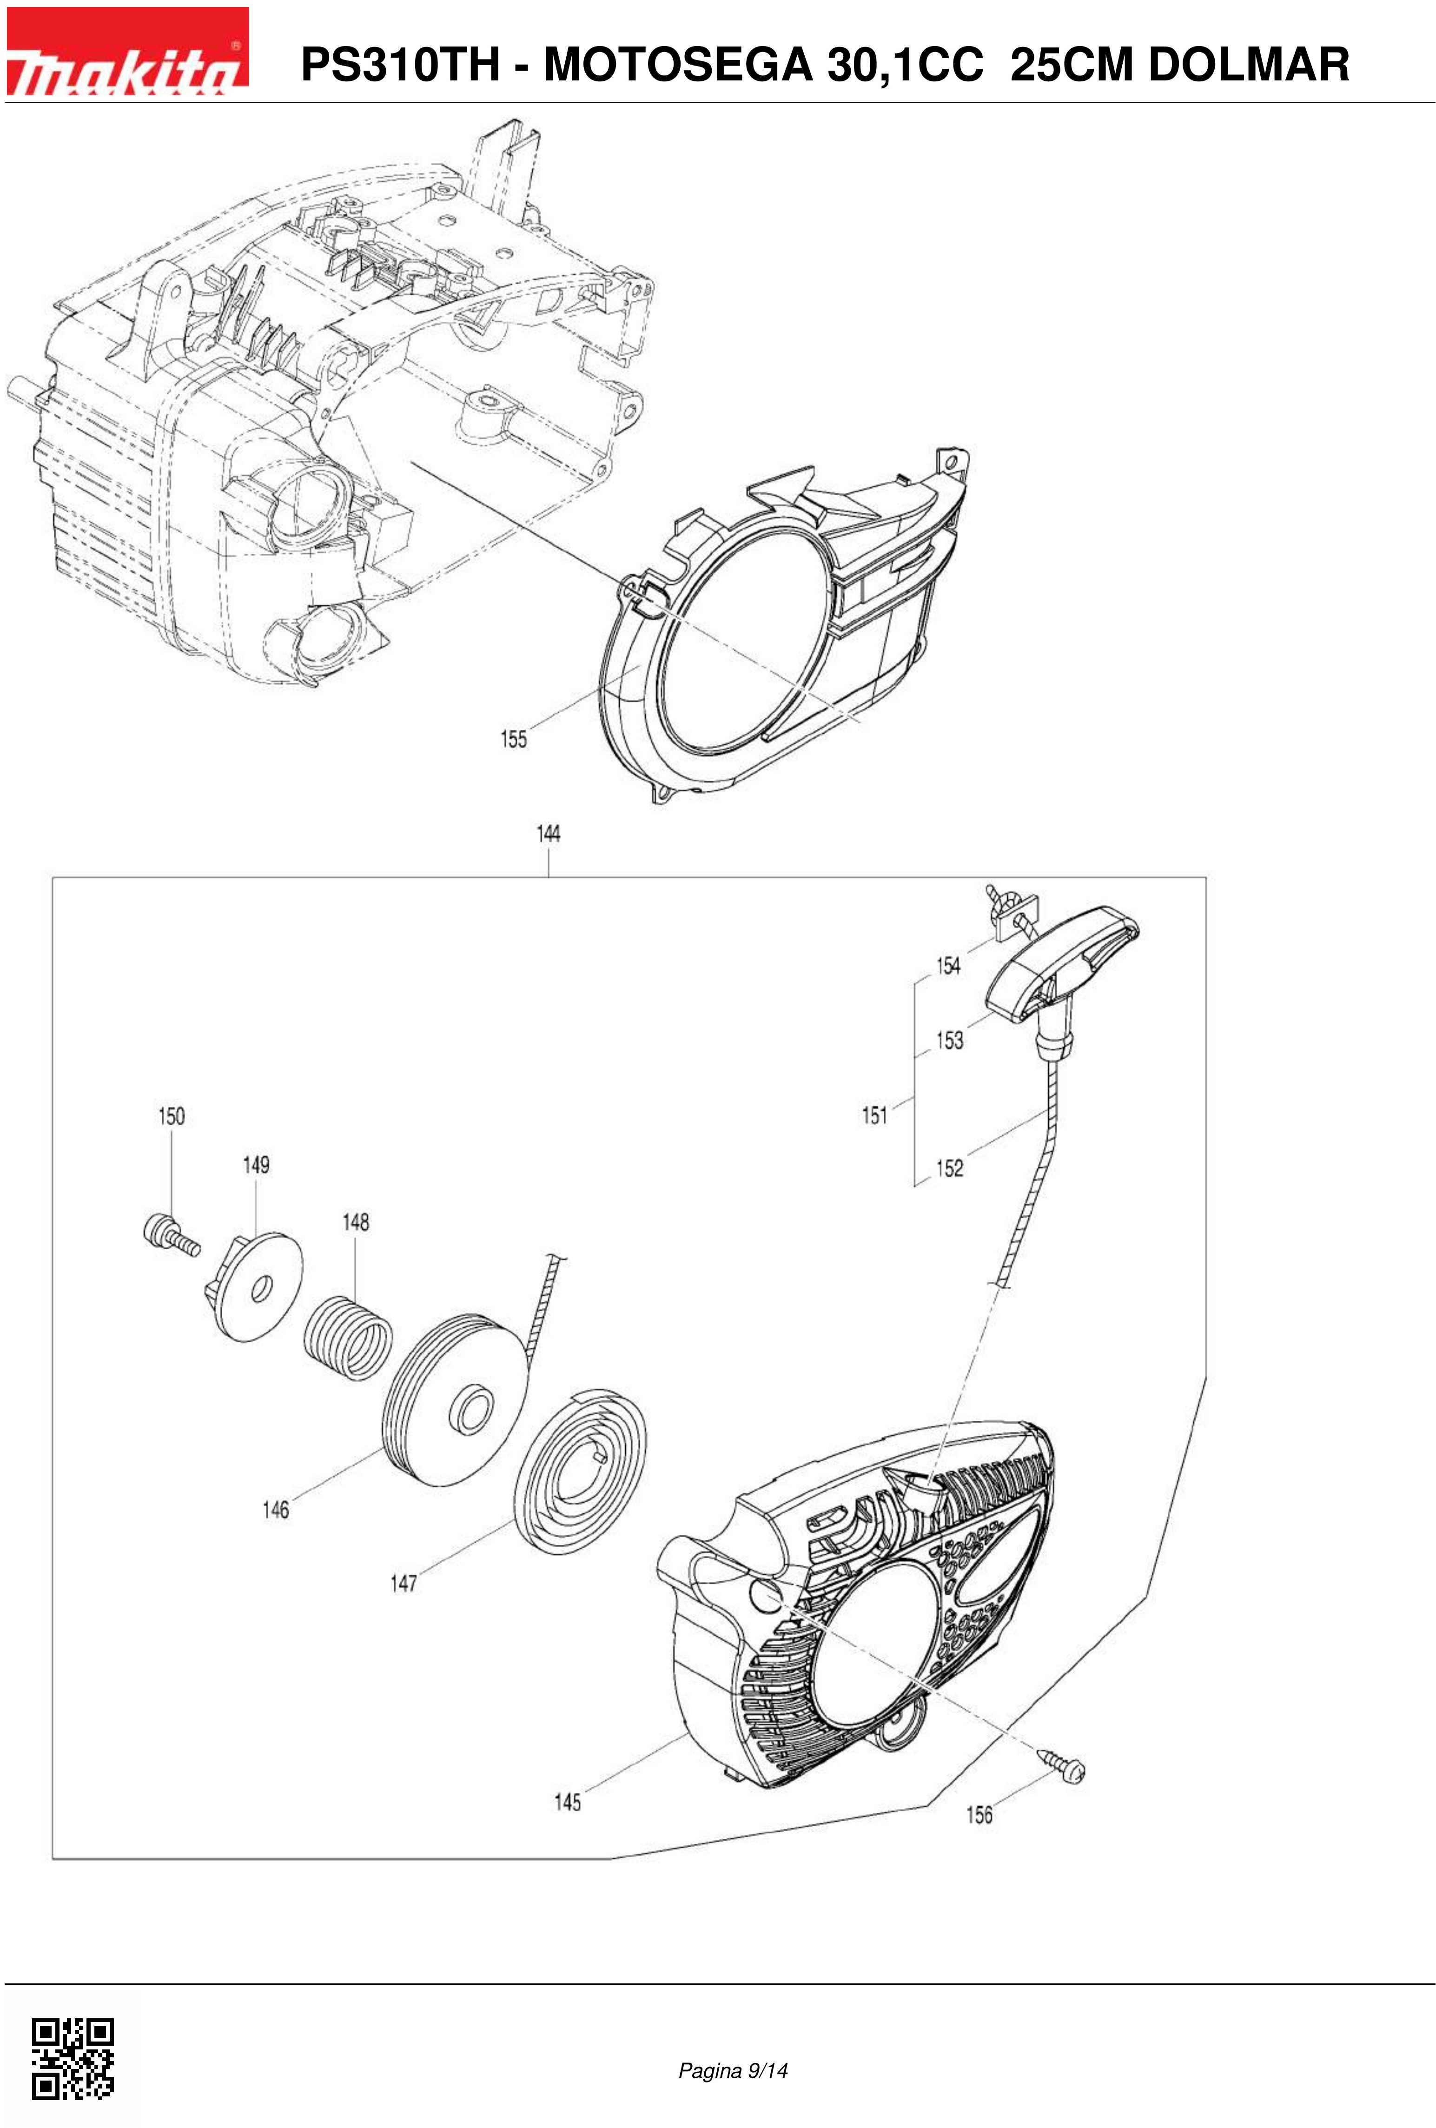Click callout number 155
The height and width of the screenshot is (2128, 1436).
(513, 739)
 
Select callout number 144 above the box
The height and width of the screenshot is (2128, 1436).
(548, 834)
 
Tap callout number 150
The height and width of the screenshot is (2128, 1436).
(171, 1116)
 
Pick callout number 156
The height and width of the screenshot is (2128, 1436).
(979, 1814)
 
